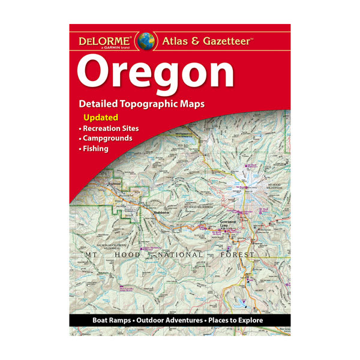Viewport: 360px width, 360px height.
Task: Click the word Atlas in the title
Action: (176, 42)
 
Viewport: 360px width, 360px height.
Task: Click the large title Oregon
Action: (155, 72)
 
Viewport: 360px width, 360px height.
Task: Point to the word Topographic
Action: (158, 104)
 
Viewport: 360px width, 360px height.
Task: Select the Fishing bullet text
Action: (95, 149)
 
